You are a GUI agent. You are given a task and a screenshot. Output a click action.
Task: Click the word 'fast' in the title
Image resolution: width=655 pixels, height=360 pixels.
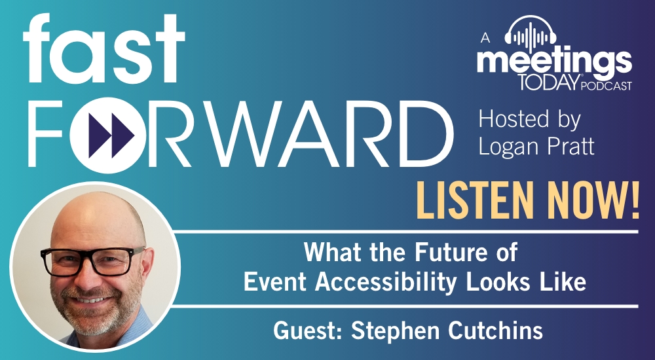103,49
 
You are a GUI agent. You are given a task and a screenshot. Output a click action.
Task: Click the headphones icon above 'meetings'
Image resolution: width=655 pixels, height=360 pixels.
530,33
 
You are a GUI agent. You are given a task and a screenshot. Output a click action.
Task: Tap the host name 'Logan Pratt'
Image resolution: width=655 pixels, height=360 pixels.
536,147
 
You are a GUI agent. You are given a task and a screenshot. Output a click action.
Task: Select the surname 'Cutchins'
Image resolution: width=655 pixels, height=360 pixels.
495,331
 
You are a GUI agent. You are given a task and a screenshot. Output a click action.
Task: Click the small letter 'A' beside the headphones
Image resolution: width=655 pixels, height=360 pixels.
485,37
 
